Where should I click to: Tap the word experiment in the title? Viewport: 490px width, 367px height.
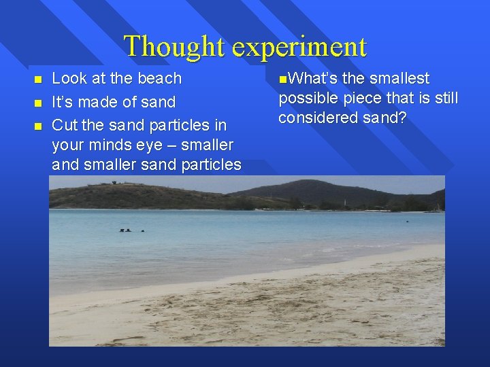299,47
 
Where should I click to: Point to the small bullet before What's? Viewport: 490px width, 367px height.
282,79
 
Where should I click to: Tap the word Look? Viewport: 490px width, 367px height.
70,78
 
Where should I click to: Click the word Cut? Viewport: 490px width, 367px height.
63,125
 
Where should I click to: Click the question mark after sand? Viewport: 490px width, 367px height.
402,118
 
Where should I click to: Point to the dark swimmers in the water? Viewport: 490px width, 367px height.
131,230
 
